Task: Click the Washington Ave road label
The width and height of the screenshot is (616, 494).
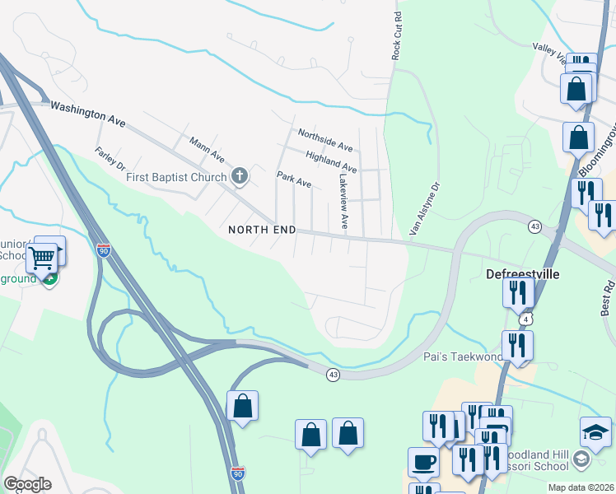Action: click(x=88, y=113)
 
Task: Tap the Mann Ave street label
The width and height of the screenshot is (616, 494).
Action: click(x=207, y=150)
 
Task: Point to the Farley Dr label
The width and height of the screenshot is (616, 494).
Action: click(x=110, y=160)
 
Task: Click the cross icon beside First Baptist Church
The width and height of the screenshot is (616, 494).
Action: click(x=240, y=175)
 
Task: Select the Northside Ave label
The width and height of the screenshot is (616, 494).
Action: click(x=325, y=140)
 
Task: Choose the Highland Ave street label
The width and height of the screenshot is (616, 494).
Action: click(x=331, y=161)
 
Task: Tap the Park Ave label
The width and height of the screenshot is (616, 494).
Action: click(x=294, y=179)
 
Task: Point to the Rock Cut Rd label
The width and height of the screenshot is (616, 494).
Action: click(x=397, y=35)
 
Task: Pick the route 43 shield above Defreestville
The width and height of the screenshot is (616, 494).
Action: click(x=535, y=226)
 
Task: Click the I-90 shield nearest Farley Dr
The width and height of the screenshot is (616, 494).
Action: click(x=103, y=250)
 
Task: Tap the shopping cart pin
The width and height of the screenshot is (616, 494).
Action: click(x=41, y=258)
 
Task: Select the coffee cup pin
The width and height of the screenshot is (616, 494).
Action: click(x=423, y=462)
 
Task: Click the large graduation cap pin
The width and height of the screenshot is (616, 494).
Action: click(x=596, y=431)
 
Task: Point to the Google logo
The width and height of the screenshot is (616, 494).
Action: click(x=28, y=484)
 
